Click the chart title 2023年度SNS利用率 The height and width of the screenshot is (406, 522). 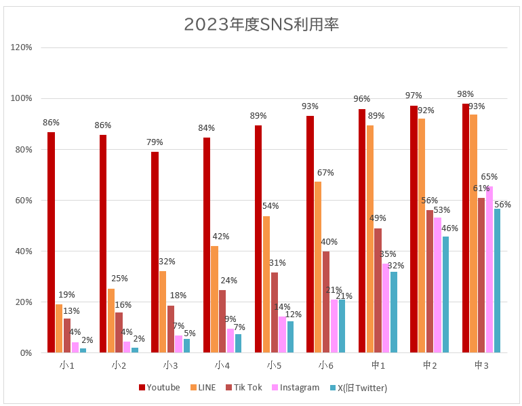click(x=261, y=24)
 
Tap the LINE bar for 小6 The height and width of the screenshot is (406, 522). click(x=319, y=267)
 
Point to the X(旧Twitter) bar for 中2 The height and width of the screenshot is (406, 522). click(x=445, y=294)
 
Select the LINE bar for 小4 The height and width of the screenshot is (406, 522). click(x=214, y=299)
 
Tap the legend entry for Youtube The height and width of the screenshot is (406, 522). click(x=159, y=388)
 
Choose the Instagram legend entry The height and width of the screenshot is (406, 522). click(x=295, y=388)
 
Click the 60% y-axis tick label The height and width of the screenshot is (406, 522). click(x=24, y=200)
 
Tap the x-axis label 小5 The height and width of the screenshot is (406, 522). click(x=275, y=365)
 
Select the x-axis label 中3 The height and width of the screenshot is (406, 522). click(x=481, y=365)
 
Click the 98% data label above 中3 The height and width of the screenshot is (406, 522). click(x=465, y=94)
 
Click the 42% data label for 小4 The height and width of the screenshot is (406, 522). click(x=221, y=237)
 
